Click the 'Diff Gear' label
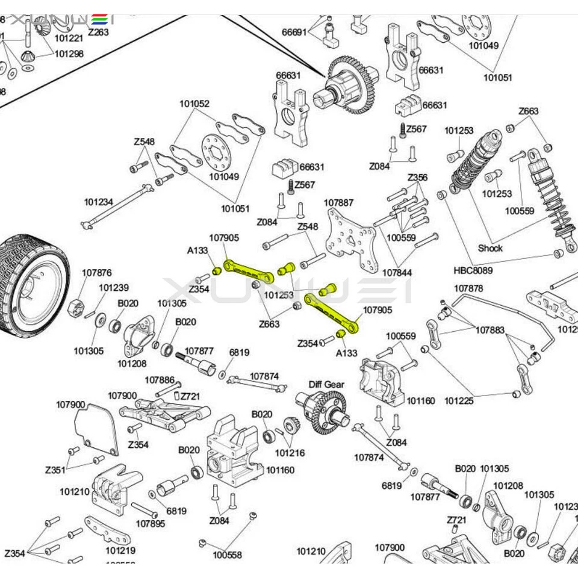pos(326,384)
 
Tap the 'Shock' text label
pos(490,247)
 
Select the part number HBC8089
pos(473,270)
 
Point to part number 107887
pos(338,203)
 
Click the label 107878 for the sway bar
pos(468,288)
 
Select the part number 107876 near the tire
pos(97,273)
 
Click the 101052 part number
pos(194,104)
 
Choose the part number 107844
pos(397,273)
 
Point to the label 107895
pos(150,523)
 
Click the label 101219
pos(120,550)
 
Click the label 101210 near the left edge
pos(75,491)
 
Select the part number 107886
pos(160,380)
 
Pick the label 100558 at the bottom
pos(227,555)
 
